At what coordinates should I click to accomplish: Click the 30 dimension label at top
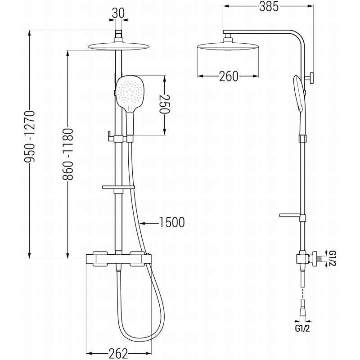pyautogui.click(x=118, y=13)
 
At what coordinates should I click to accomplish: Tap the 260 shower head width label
pyautogui.click(x=229, y=76)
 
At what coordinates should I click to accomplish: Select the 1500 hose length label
pyautogui.click(x=171, y=222)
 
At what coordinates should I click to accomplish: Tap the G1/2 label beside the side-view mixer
pyautogui.click(x=332, y=259)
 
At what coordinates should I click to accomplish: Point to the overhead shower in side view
pyautogui.click(x=228, y=46)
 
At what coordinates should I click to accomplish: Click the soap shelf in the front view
pyautogui.click(x=118, y=186)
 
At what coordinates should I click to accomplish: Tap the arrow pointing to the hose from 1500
pyautogui.click(x=143, y=222)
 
